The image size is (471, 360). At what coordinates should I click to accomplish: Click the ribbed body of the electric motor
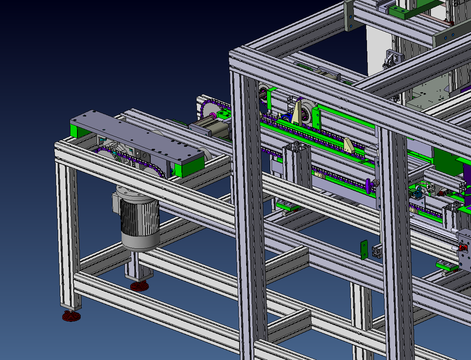click(142, 217)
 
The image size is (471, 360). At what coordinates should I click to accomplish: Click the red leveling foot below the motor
click(139, 286)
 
